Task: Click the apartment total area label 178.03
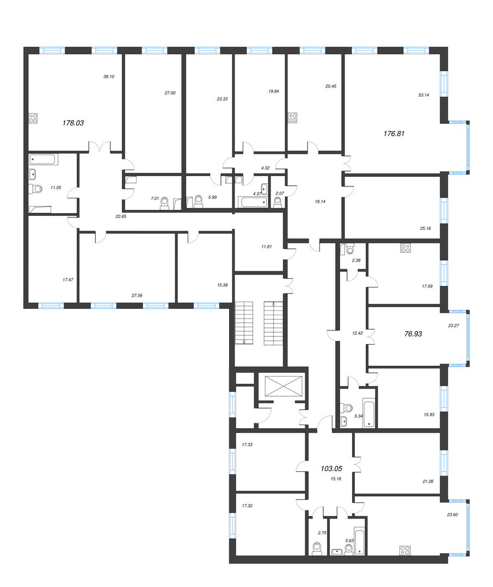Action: point(73,123)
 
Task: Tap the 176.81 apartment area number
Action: point(394,133)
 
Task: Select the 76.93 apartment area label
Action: point(413,334)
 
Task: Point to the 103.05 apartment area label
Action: point(332,469)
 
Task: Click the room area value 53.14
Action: point(424,95)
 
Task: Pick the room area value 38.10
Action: point(109,77)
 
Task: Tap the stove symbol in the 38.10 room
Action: point(33,118)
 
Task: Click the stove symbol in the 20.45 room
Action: point(292,118)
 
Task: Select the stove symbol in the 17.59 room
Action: point(405,248)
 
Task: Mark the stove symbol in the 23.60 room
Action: point(405,550)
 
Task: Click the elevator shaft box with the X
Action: point(284,385)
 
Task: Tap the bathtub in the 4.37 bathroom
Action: point(253,203)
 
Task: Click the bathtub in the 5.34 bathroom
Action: point(369,413)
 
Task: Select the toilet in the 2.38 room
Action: point(350,248)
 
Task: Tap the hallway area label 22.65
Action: point(121,216)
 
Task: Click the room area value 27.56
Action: point(137,295)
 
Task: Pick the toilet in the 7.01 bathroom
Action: point(164,203)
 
